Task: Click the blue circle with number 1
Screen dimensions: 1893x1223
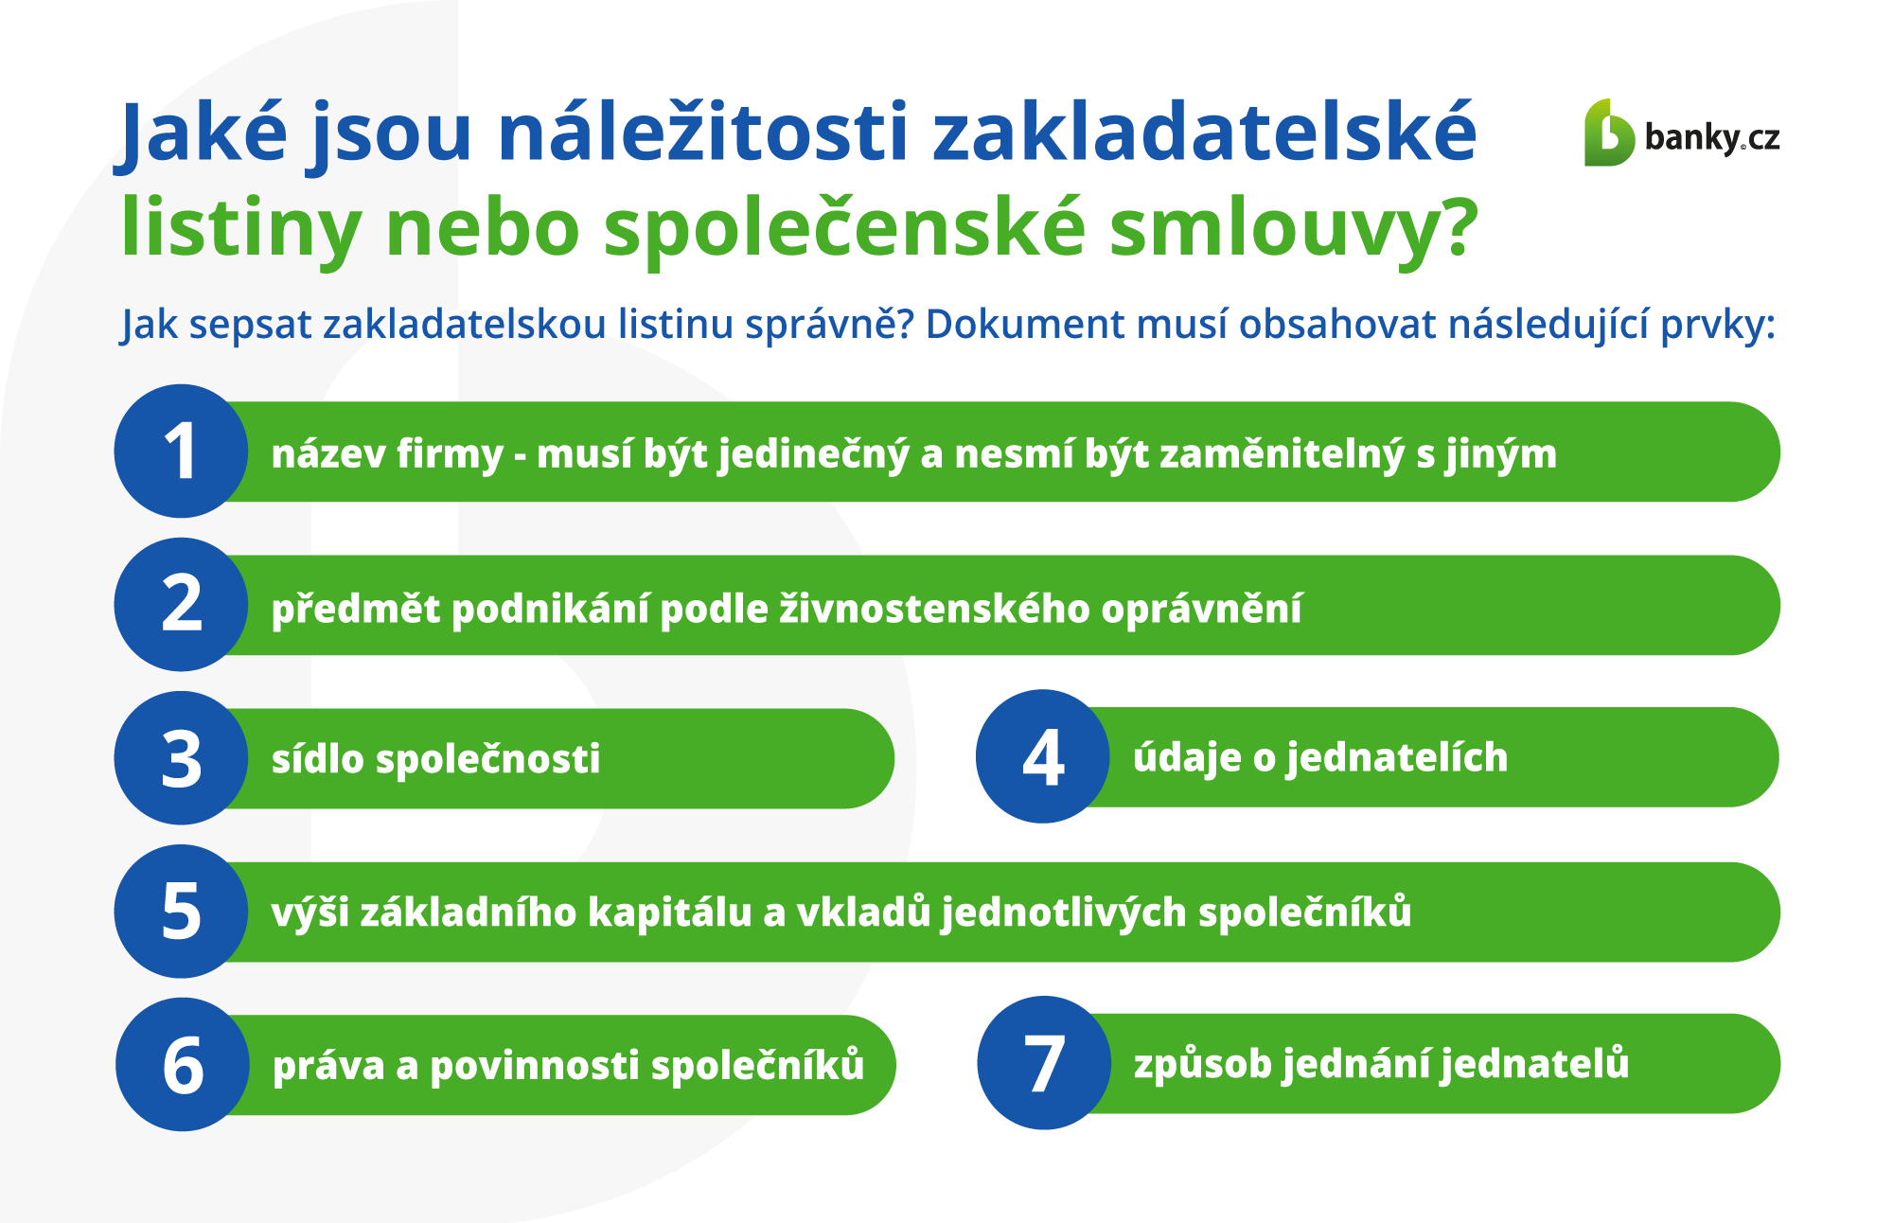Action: (181, 451)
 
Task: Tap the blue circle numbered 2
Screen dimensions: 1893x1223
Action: (181, 605)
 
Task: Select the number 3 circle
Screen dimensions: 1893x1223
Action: (181, 758)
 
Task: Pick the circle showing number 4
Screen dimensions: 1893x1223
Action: (1042, 756)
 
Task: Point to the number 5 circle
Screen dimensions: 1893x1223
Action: (181, 912)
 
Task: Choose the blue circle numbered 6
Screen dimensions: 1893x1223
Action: (183, 1065)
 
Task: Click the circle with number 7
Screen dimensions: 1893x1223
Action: (1044, 1063)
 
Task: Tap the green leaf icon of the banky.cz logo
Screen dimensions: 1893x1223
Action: (1609, 133)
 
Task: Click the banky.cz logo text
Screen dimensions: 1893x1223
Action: (1712, 138)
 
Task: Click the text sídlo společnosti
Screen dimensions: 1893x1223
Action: (436, 759)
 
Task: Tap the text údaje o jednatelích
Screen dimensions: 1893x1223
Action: (1320, 757)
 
